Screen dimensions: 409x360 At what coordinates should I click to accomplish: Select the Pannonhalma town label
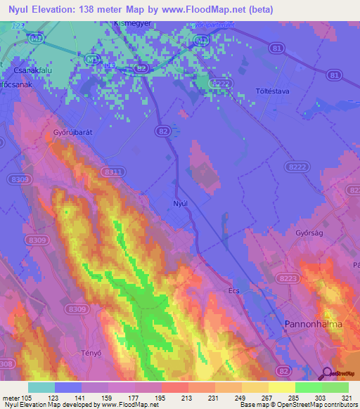point(314,324)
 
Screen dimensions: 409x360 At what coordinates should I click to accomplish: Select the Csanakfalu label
point(32,71)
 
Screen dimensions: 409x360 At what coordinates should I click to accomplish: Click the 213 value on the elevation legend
point(188,398)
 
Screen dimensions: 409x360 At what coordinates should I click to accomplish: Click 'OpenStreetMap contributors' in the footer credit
point(321,405)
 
